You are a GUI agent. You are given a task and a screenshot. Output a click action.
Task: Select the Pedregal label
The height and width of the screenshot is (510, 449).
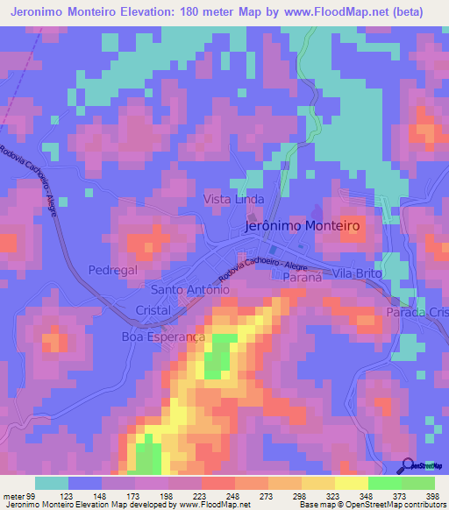click(x=112, y=271)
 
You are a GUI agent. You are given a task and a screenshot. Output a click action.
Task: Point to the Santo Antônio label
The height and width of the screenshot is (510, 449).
click(x=190, y=290)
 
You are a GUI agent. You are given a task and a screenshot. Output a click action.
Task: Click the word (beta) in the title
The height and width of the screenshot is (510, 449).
click(x=401, y=12)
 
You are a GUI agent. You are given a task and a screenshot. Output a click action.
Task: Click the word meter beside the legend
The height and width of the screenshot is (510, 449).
click(x=11, y=496)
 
